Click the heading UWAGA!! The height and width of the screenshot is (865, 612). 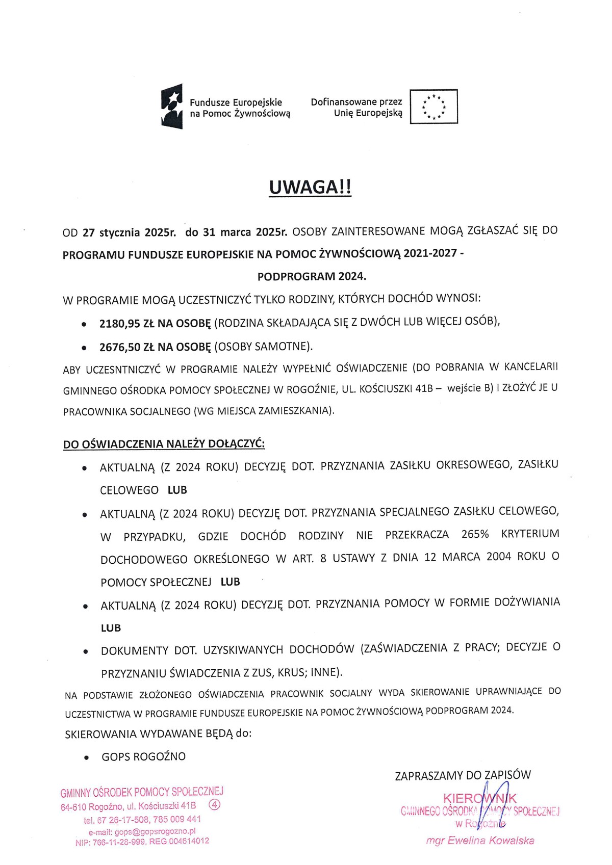tap(310, 187)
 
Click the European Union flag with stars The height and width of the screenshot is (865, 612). tap(433, 107)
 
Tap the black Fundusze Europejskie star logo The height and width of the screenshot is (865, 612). tap(172, 106)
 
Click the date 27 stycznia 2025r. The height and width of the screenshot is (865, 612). tap(130, 233)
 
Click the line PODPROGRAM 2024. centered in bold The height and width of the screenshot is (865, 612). tap(312, 277)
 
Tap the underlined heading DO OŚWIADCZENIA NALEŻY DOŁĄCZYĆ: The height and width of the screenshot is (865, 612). tap(164, 444)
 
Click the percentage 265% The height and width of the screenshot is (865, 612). tap(475, 534)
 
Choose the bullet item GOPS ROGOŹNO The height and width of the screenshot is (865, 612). tap(143, 756)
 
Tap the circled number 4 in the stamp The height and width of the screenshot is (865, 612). tap(215, 805)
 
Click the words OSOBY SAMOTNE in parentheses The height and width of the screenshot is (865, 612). tap(263, 347)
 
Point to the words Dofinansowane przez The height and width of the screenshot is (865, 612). tap(356, 102)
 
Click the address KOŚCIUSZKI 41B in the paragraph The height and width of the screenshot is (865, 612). tap(396, 389)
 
